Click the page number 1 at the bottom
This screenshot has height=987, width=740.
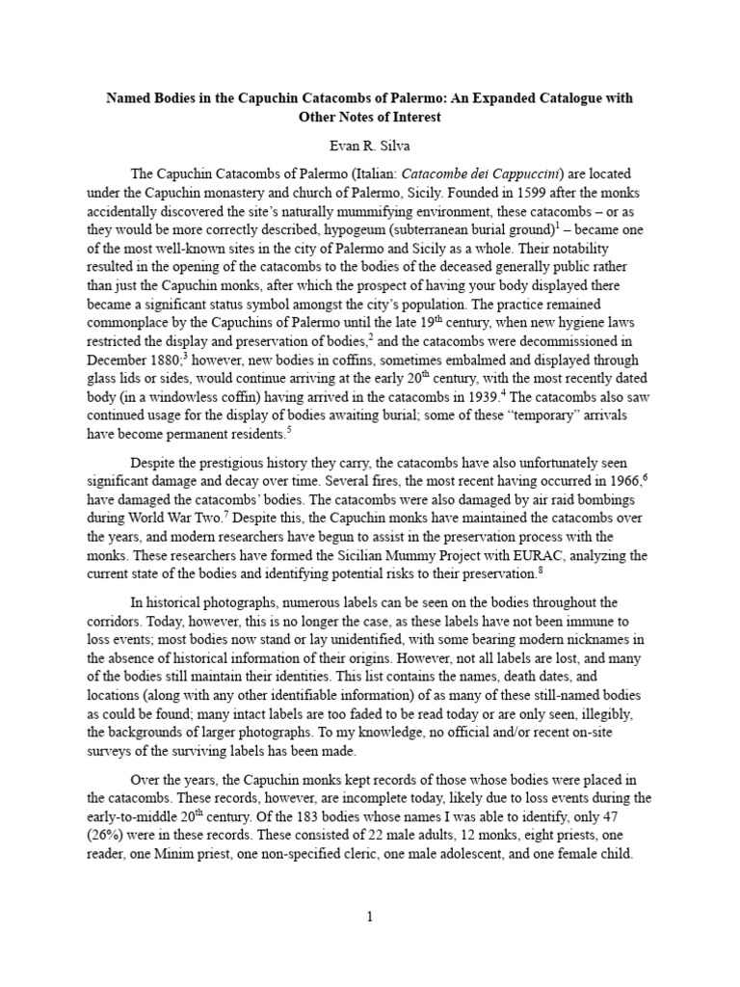tap(369, 917)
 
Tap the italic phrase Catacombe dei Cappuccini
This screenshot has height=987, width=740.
tap(470, 173)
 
